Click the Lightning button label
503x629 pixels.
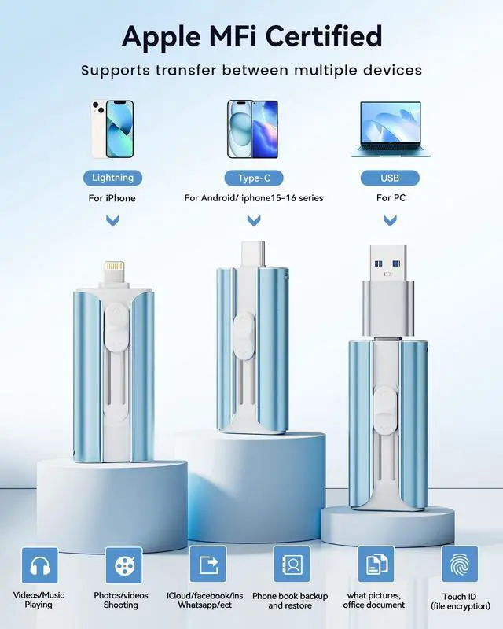click(112, 177)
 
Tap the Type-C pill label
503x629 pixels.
click(253, 177)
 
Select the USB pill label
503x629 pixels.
click(390, 177)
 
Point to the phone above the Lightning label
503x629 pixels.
click(112, 128)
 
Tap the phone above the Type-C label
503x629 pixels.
click(253, 128)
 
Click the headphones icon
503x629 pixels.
click(39, 565)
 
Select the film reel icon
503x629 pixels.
click(123, 565)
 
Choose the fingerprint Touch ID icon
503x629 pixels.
click(459, 565)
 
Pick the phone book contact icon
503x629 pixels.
click(292, 564)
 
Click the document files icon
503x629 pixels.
click(376, 564)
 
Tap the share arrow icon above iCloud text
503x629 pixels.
click(208, 564)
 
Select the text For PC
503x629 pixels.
click(390, 198)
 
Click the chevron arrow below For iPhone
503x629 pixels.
click(112, 222)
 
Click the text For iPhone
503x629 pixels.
click(112, 198)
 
